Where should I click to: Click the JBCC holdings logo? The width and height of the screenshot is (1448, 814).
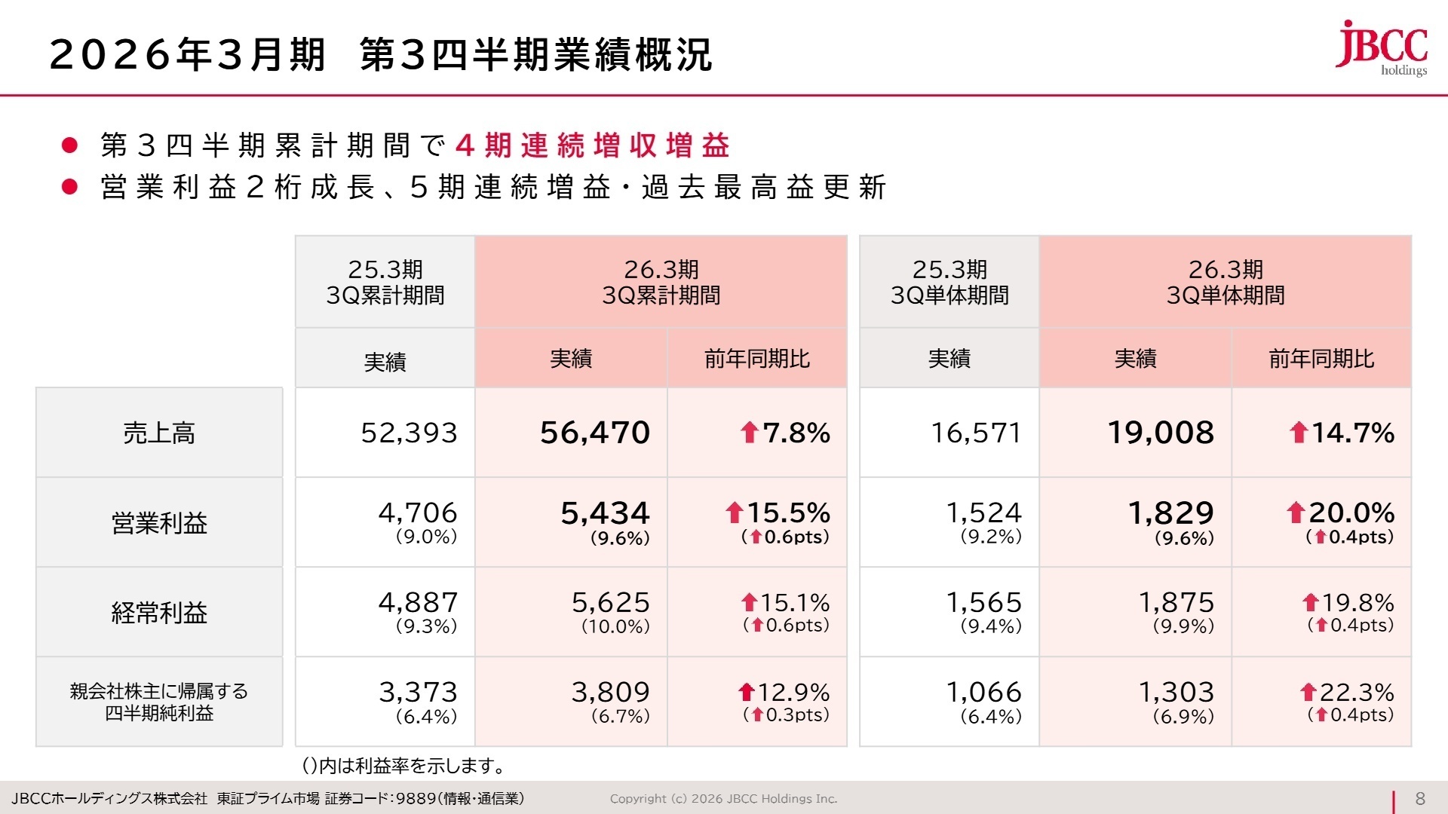coord(1382,48)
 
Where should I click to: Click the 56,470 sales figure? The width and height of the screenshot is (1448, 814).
coord(595,433)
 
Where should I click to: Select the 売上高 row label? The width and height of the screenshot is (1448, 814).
coord(159,433)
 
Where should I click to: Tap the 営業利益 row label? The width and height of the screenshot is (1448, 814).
coord(159,522)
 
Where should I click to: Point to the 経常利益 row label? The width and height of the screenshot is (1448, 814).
coord(159,612)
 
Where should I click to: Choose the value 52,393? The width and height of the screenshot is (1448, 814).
coord(409,433)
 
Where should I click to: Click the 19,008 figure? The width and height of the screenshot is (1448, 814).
coord(1161,433)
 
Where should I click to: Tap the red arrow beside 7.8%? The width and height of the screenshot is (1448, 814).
coord(749,433)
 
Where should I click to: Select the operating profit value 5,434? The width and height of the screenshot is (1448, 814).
coord(605,513)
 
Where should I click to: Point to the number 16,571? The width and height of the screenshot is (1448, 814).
coord(976,433)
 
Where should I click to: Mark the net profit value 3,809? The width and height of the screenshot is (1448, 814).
coord(610,692)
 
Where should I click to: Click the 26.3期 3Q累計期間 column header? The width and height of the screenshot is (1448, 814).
coord(661,282)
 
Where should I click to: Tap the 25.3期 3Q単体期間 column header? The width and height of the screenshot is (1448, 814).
coord(949,282)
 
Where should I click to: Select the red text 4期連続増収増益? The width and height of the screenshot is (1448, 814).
coord(593,145)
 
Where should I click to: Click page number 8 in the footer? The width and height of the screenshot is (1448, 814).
coord(1420,799)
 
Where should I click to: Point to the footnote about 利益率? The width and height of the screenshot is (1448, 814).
coord(403,766)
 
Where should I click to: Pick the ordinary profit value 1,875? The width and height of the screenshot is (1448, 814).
coord(1176,602)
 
